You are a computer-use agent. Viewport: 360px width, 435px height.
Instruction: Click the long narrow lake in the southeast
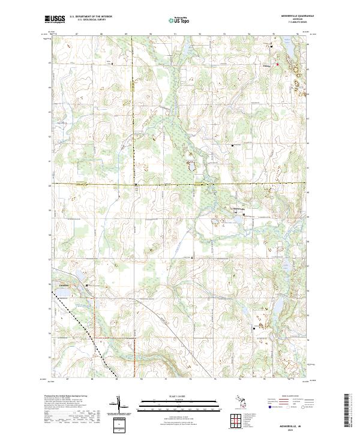click(277, 312)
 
